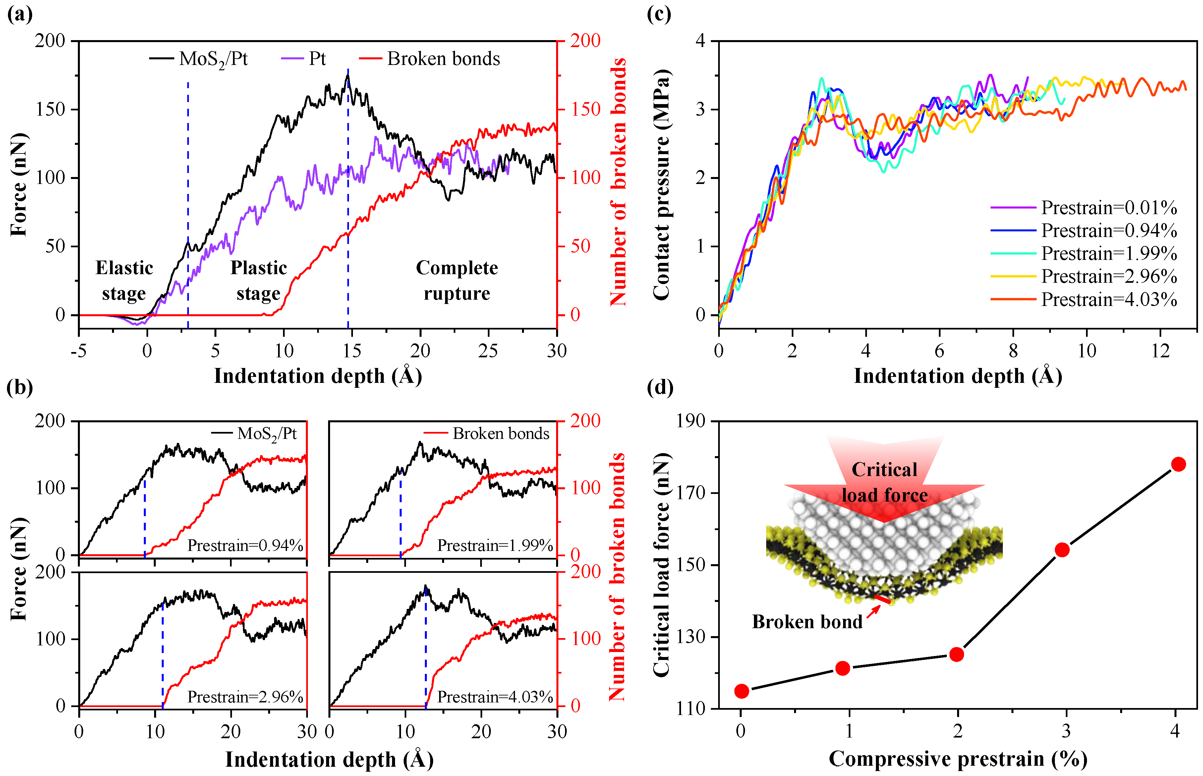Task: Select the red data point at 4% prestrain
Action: (1178, 464)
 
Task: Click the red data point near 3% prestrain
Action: (1062, 550)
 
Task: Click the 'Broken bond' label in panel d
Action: (807, 622)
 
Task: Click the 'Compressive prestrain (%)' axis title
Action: (957, 759)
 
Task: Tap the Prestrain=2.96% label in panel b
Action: (245, 697)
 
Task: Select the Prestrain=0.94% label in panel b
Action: (245, 545)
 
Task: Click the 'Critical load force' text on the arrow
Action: (884, 482)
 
